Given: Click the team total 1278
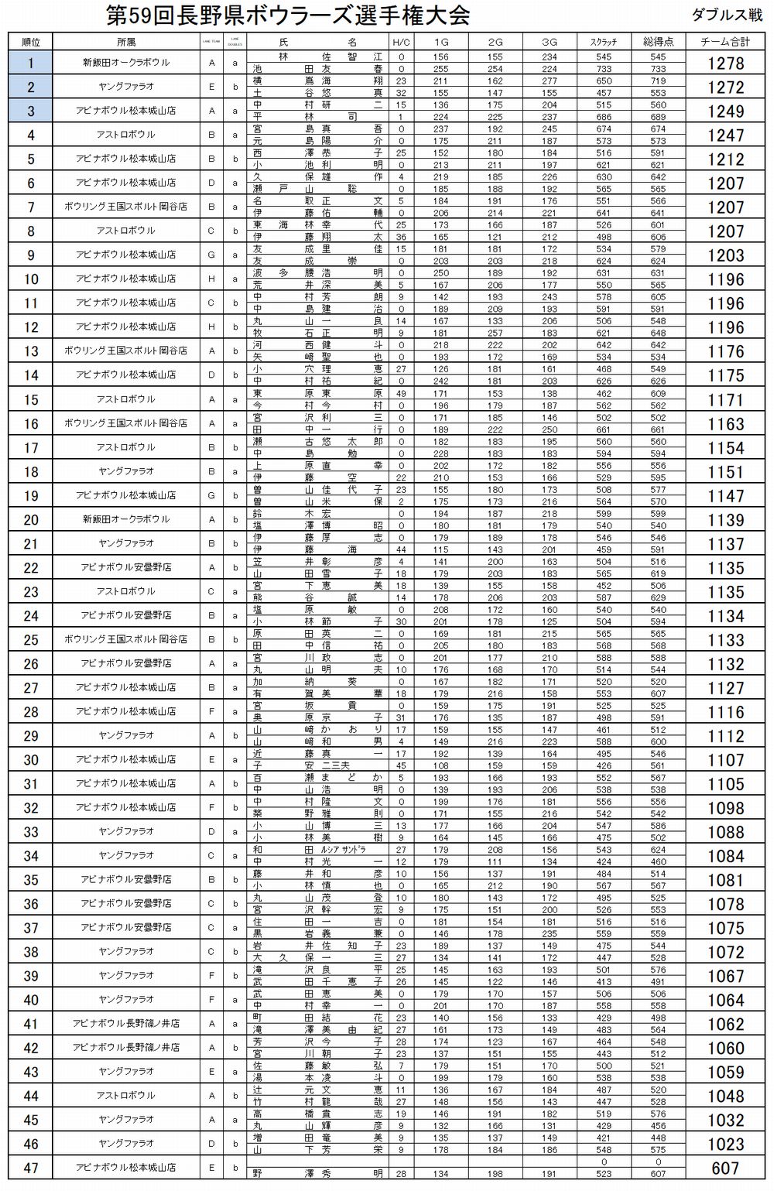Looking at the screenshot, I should (x=725, y=63).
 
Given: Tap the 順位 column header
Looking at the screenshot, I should (x=31, y=42).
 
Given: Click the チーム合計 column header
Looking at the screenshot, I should (x=725, y=42).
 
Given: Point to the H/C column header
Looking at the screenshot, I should (x=401, y=42).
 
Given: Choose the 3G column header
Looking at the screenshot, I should (x=550, y=42).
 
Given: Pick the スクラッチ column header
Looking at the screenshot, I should (x=604, y=42).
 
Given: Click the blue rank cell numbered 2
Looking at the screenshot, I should (x=31, y=87).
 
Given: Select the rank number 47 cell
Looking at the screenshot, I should (x=31, y=1168).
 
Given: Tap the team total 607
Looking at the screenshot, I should (x=725, y=1168).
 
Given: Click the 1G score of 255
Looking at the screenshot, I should (x=440, y=69).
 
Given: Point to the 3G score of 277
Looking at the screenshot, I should (x=550, y=80).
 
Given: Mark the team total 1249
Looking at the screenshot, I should (x=725, y=111).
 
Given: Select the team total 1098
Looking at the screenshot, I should (x=725, y=808).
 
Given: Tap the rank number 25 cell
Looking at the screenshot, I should (x=31, y=640).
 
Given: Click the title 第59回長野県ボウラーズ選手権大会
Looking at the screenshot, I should (x=287, y=15).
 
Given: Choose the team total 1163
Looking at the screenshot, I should (x=725, y=423).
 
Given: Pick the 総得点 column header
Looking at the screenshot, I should (x=658, y=42).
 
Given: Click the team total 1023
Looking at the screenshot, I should (x=725, y=1144).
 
